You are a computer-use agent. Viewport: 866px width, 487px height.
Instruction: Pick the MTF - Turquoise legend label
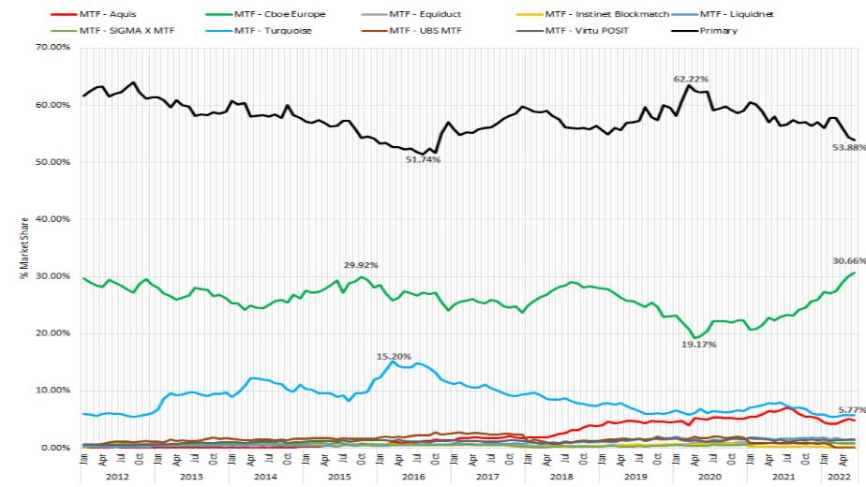point(276,30)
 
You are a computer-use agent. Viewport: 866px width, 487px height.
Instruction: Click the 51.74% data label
point(422,160)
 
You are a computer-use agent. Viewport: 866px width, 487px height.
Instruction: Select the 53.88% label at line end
point(844,148)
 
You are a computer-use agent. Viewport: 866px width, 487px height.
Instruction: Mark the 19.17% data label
point(698,345)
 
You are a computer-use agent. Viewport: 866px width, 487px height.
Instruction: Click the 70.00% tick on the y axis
point(53,47)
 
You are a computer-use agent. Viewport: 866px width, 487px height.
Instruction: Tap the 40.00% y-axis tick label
point(53,219)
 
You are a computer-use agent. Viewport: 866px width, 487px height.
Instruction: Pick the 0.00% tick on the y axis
point(56,448)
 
